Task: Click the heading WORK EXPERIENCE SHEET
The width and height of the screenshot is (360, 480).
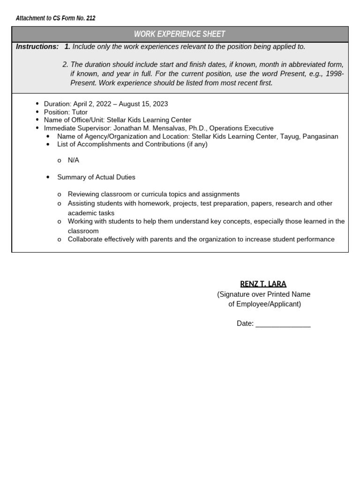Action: point(180,34)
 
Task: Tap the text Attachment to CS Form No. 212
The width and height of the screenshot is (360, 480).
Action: point(55,18)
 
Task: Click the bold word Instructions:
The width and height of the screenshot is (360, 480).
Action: point(37,46)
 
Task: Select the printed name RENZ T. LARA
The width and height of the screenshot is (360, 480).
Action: point(263,284)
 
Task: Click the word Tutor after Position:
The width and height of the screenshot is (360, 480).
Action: point(80,112)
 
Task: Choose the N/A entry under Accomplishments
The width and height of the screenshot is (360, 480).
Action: point(74,160)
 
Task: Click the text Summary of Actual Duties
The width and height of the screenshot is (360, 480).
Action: point(96,177)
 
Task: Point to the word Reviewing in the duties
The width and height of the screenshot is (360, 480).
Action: point(83,194)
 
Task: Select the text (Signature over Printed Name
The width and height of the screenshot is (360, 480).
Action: point(263,294)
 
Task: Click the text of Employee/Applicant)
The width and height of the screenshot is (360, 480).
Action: point(265,304)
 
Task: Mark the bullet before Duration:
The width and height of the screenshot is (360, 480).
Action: point(37,104)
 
